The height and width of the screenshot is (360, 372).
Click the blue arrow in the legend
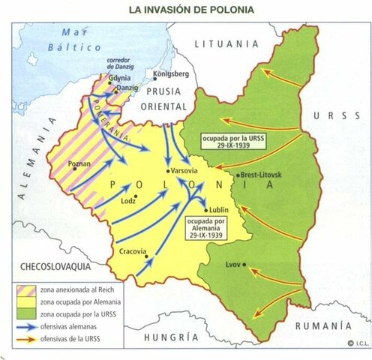pos(27,325)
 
